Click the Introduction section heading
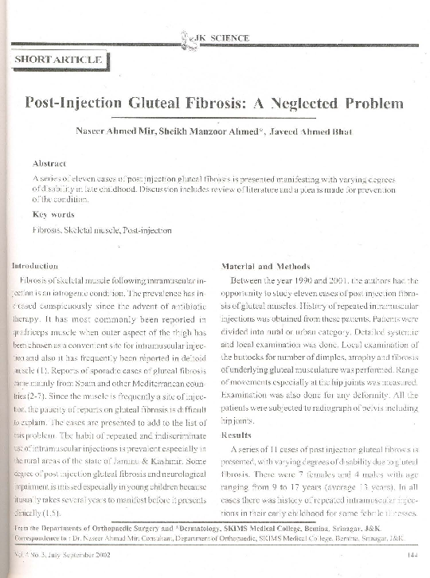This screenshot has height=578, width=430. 35,265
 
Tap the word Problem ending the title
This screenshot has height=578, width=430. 373,103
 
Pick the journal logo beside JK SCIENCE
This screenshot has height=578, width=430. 188,37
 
